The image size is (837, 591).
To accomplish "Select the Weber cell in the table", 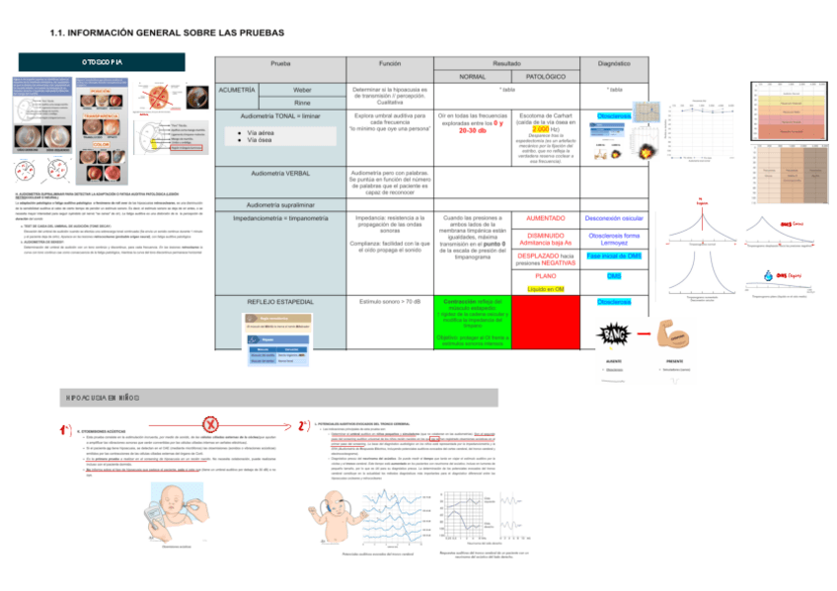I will (x=302, y=90).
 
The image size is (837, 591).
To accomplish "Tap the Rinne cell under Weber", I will (x=302, y=102).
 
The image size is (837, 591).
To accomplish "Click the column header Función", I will (x=390, y=62).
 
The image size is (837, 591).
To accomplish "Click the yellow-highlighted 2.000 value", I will (x=540, y=129).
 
